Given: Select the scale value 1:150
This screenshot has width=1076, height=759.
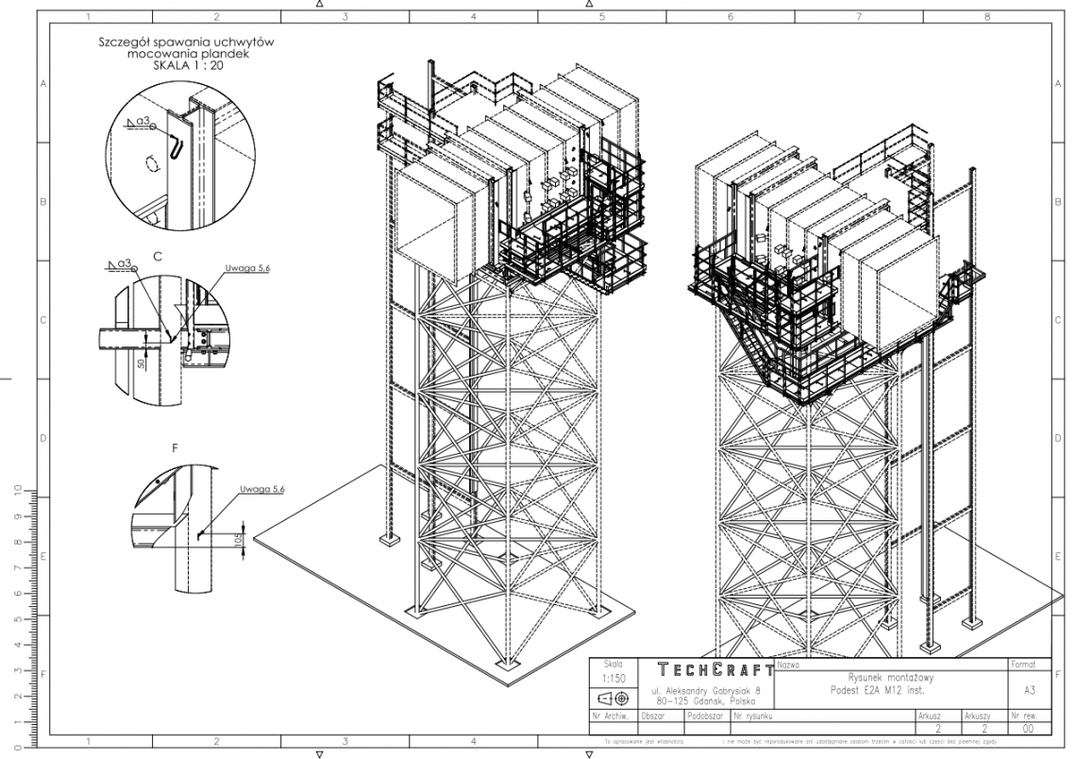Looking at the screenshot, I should (x=611, y=679).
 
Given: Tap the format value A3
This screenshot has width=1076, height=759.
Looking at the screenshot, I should (x=1027, y=690).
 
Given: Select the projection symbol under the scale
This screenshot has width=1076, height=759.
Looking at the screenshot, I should (x=611, y=700).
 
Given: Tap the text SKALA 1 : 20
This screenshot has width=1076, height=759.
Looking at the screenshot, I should (x=193, y=67).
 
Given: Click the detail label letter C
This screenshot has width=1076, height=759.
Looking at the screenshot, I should (x=158, y=256).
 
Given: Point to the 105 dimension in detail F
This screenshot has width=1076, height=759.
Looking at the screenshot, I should (x=238, y=540).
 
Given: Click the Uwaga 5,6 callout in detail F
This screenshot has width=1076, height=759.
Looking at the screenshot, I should (x=261, y=488).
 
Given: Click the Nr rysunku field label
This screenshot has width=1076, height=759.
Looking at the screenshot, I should (x=753, y=716).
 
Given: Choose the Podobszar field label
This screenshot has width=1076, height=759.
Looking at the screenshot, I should (x=705, y=716).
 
